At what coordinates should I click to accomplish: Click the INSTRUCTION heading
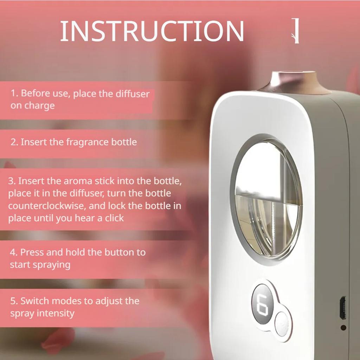point(152,31)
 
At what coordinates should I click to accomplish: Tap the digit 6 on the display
point(262,304)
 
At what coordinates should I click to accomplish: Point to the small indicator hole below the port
point(343,328)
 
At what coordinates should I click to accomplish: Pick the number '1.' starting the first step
point(14,94)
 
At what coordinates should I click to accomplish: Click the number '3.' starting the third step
point(12,181)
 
